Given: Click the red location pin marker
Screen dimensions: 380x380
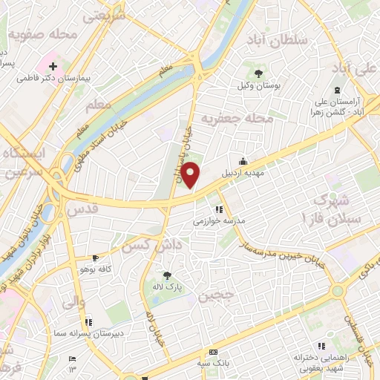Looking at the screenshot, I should [x=191, y=174].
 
